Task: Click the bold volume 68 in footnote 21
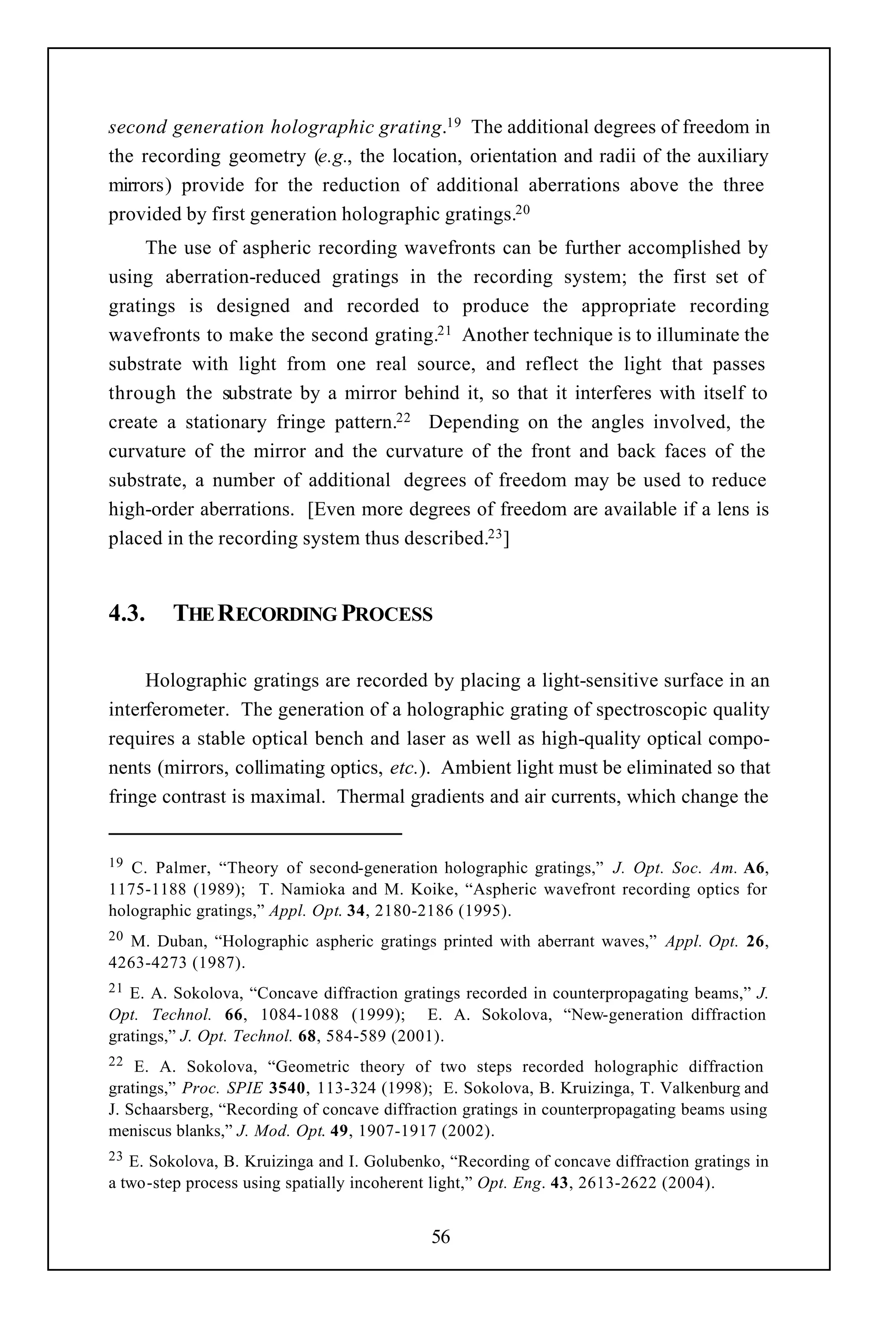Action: tap(307, 1036)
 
